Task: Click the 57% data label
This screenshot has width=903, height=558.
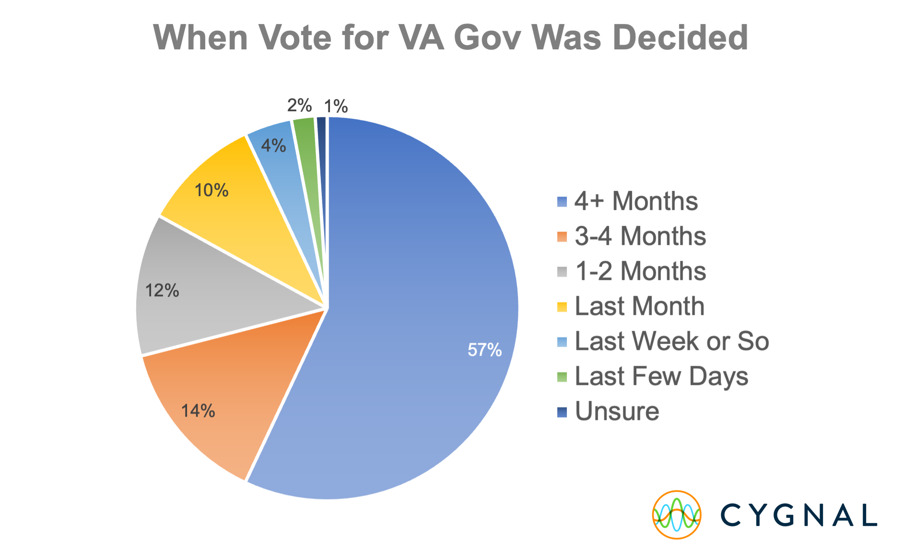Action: coord(484,350)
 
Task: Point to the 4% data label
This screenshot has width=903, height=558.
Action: coord(273,145)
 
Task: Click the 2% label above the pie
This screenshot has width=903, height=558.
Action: coord(299,105)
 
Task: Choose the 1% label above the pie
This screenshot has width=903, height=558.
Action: coord(336,106)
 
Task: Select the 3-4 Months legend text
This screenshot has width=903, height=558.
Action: coord(640,236)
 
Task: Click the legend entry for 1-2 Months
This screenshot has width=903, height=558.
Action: coord(640,271)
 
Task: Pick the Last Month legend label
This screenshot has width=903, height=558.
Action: coord(639,306)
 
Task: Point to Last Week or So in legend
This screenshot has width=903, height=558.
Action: coord(671,341)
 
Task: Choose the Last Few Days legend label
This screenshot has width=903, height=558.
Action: coord(661,376)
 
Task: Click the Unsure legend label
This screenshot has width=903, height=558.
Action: coord(617,411)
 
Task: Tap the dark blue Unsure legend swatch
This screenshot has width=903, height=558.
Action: coord(562,412)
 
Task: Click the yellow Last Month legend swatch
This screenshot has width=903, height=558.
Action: coord(562,307)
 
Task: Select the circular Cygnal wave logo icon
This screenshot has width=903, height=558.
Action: coord(677,515)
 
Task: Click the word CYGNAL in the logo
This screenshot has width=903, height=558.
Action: coord(798,515)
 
